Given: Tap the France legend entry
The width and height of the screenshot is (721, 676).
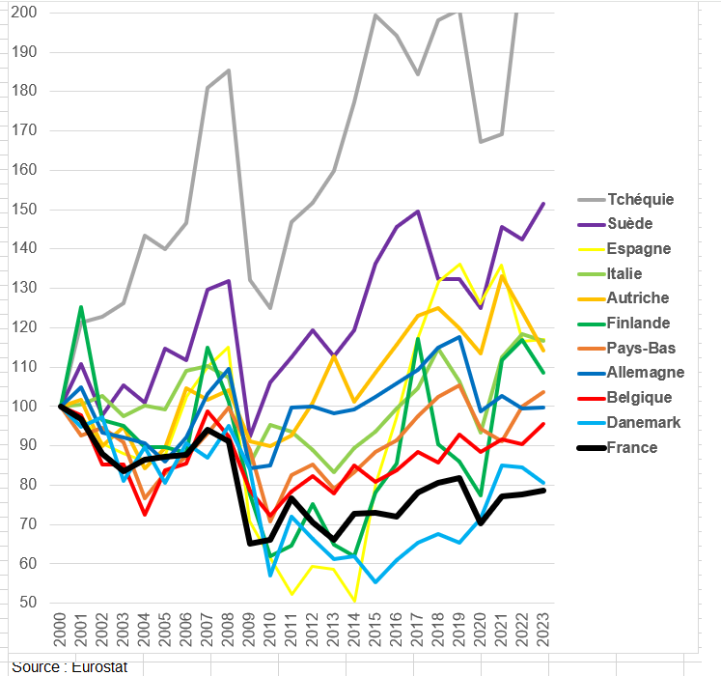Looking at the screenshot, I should point(633,447).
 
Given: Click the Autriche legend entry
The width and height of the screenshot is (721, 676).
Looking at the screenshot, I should point(638,298).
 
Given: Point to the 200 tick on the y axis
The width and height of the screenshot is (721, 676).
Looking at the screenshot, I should point(26,13).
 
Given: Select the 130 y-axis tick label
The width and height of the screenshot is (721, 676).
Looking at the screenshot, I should point(26,288).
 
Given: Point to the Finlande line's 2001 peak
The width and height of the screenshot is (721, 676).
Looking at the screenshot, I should point(82,307).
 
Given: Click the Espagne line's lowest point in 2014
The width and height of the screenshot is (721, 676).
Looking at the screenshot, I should point(354,601).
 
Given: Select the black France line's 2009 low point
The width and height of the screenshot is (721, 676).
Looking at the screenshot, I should point(250,544).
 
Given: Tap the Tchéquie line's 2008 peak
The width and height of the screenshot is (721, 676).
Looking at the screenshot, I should point(229,70).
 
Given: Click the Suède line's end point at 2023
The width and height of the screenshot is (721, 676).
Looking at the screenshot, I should point(544,204).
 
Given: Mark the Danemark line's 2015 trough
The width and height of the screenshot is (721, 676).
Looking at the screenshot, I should point(375,581).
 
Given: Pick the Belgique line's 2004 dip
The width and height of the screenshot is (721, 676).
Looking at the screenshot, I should point(145,514).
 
